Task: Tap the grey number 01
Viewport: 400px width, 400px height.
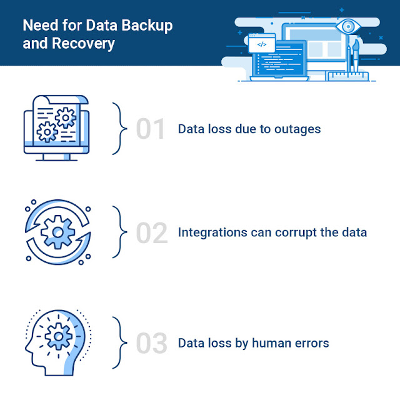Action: pos(151,129)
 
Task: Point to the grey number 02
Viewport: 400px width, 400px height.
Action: pos(152,233)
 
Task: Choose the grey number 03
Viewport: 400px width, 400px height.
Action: pos(152,342)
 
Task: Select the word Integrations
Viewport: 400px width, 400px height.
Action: pos(214,233)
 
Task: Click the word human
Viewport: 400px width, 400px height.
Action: pos(272,342)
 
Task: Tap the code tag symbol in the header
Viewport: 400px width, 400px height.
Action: pos(262,45)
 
